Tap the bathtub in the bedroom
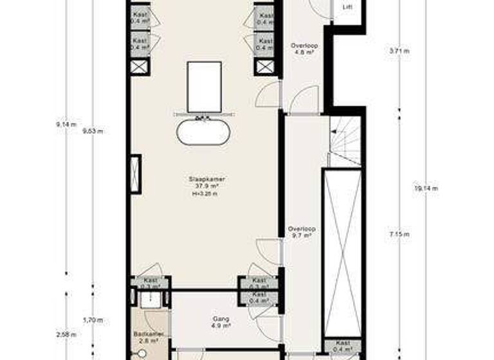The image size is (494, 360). coord(203,132)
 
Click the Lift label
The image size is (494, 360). coord(348,8)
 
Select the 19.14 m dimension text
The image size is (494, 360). coord(426,188)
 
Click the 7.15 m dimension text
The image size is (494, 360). coord(400,235)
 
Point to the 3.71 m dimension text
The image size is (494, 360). coord(399,50)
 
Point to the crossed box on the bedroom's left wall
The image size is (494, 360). coord(136,174)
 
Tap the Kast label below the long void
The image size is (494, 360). coord(343,343)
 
